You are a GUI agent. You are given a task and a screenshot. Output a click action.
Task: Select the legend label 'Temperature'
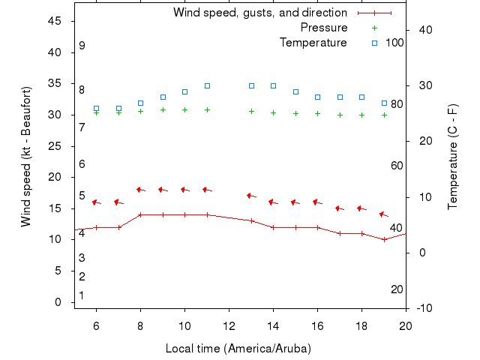click(x=313, y=43)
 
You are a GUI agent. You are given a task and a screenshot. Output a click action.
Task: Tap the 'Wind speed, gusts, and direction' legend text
click(x=259, y=13)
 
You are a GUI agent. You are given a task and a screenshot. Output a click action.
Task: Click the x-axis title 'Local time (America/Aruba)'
click(x=238, y=349)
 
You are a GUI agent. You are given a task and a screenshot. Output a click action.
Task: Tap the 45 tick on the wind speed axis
click(x=55, y=21)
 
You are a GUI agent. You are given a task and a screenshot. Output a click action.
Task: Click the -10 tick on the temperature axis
click(x=423, y=308)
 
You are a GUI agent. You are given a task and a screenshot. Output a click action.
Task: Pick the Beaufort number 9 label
click(x=82, y=46)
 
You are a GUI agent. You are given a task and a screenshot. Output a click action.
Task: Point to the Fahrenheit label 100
click(x=394, y=43)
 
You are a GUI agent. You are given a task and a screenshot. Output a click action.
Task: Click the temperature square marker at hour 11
click(x=207, y=85)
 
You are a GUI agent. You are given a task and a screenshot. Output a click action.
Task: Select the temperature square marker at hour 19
click(x=384, y=103)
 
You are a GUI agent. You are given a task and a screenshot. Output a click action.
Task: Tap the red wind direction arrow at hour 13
click(x=251, y=196)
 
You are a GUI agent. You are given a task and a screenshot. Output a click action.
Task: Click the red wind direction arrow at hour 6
click(x=96, y=202)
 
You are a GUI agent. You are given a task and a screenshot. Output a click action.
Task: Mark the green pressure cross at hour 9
click(x=163, y=109)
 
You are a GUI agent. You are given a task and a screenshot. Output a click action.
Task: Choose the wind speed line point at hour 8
click(x=140, y=214)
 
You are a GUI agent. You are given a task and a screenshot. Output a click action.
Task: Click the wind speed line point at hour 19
click(x=384, y=240)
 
